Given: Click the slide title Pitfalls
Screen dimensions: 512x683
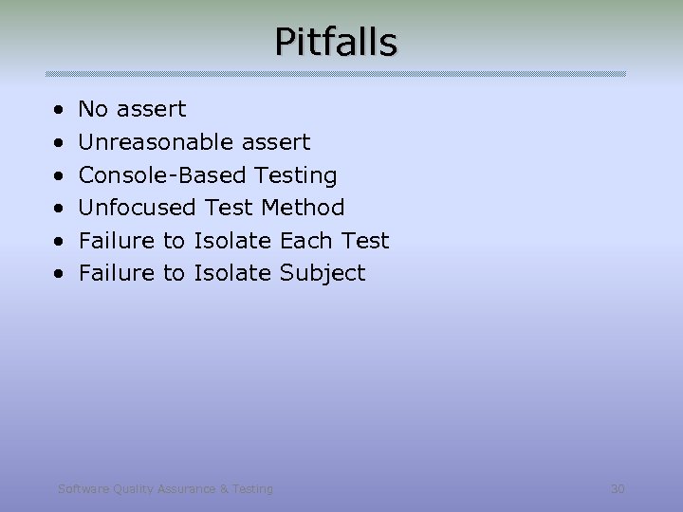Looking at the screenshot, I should click(336, 42).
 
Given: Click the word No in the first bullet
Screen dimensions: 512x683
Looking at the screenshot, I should click(93, 109).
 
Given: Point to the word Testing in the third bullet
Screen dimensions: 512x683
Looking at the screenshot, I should click(296, 175).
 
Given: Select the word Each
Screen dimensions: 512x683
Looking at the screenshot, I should click(305, 241).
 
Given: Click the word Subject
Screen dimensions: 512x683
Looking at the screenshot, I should click(322, 274).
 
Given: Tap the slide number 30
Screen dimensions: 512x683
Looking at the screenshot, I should click(618, 489).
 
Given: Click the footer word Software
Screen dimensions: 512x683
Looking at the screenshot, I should click(83, 489).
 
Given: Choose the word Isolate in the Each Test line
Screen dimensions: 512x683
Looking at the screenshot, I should click(232, 241).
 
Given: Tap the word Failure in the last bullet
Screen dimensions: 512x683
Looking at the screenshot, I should click(118, 273).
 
